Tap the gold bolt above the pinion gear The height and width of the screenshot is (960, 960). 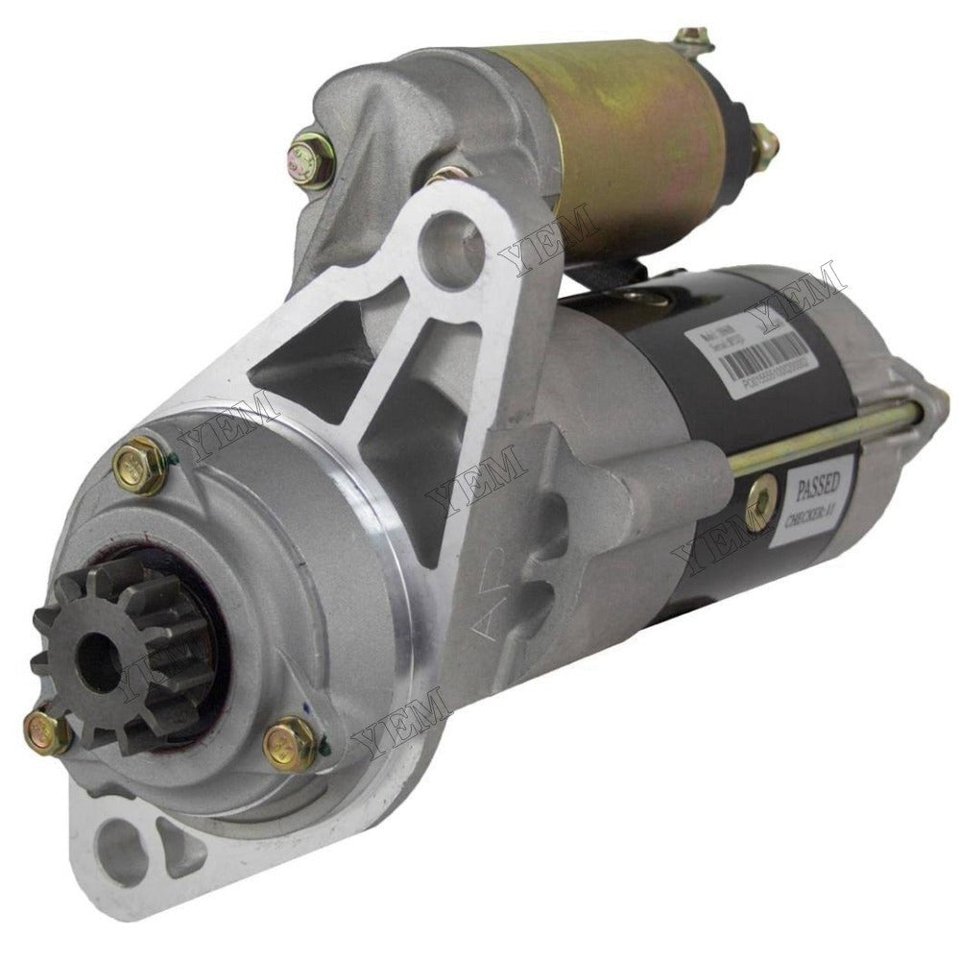(x=140, y=467)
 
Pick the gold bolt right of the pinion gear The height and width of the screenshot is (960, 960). (x=289, y=742)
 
